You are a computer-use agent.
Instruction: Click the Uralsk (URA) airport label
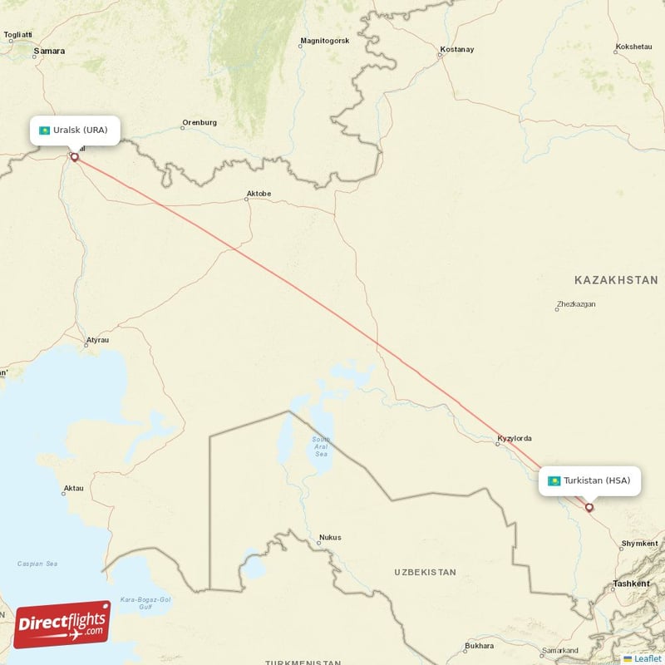(74, 131)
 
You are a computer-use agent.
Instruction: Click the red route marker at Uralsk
(74, 156)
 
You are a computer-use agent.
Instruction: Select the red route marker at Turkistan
(589, 507)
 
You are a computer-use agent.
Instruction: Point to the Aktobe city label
(258, 195)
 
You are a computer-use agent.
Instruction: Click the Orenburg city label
(199, 123)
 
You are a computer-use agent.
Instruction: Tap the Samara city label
(48, 51)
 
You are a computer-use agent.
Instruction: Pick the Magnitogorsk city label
(325, 41)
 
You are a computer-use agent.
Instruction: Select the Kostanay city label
(456, 50)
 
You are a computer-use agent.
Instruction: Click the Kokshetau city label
(633, 47)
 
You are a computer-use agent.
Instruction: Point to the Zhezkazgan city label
(576, 304)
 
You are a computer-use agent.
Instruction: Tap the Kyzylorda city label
(514, 438)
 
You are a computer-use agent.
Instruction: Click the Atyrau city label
(97, 340)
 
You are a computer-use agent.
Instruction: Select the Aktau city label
(73, 488)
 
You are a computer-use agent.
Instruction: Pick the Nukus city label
(329, 538)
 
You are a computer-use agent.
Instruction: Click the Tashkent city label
(631, 584)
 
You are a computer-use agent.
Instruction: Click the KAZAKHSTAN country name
(616, 280)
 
